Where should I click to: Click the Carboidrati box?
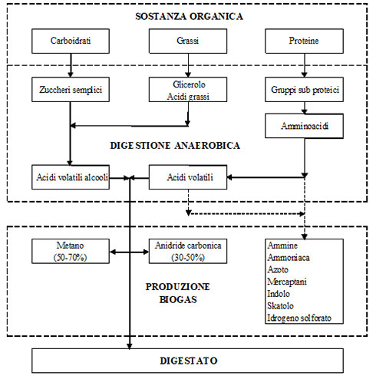(71, 41)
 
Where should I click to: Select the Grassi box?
(188, 41)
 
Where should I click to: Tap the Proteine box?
(304, 41)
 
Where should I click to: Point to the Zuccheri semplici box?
(71, 90)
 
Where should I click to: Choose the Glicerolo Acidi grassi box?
(188, 90)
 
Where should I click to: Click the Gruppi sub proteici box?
(304, 90)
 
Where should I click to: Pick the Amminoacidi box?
(304, 126)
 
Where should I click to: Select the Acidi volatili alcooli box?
(71, 177)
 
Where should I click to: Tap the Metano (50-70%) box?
(71, 251)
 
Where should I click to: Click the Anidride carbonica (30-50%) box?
(188, 251)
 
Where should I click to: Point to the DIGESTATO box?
(187, 361)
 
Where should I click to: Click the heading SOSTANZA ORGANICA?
(189, 16)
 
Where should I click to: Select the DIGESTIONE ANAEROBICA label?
(175, 146)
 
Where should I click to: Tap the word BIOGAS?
(178, 299)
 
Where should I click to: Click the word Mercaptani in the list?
(287, 282)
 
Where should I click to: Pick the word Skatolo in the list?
(280, 306)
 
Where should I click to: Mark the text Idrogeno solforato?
(299, 318)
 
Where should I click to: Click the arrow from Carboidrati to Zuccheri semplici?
(71, 65)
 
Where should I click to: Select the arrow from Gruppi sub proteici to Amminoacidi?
(304, 108)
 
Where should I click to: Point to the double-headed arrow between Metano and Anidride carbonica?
(130, 252)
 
